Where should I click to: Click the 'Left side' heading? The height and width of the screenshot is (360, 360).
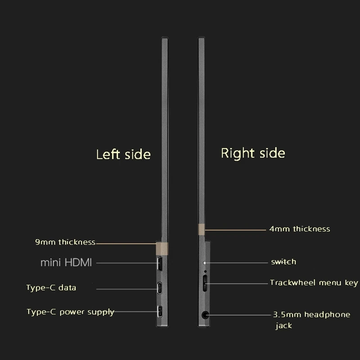coord(123,154)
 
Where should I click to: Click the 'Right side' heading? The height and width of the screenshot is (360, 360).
coord(253,153)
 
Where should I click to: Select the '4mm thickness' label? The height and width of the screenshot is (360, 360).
coord(300,229)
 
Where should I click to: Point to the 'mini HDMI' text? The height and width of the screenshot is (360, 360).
coord(66,263)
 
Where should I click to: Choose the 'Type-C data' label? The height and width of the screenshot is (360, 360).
coord(51,288)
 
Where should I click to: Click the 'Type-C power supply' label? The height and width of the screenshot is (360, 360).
coord(70,312)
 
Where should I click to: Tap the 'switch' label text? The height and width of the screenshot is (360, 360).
coord(283,262)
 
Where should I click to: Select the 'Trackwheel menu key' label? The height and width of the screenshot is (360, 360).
coord(314,283)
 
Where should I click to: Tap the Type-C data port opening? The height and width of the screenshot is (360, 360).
coord(160,288)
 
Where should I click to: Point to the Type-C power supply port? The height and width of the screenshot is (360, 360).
coord(160,311)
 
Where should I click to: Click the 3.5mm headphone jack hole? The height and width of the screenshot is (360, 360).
coord(205,315)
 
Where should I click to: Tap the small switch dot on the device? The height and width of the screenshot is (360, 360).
coord(205,262)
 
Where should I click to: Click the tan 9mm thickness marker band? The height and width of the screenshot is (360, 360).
coord(162,249)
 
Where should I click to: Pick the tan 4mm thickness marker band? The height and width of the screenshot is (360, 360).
coord(201,229)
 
